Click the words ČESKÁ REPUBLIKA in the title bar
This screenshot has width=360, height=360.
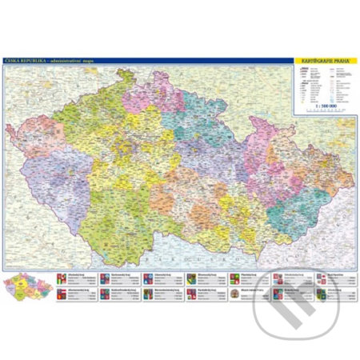click(x=23, y=60)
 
